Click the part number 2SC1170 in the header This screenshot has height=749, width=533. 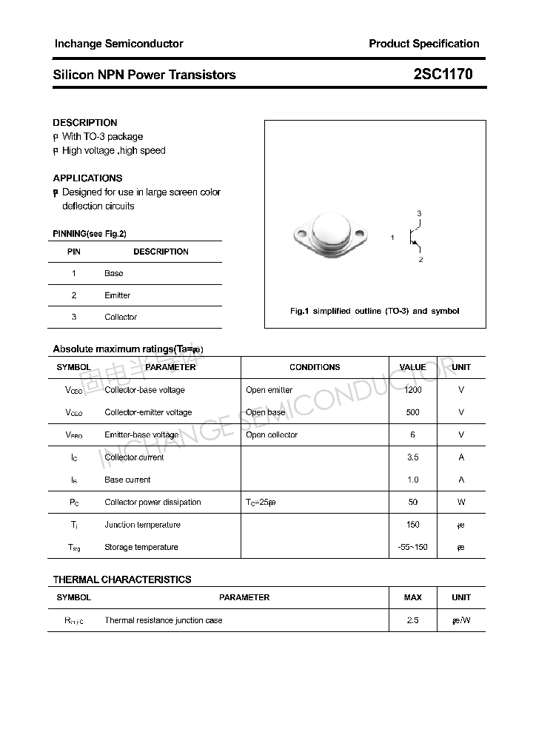443,75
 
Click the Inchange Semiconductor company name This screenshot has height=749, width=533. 118,44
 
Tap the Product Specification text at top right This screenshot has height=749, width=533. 423,44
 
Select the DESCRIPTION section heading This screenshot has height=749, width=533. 85,123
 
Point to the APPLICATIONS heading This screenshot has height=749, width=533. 87,178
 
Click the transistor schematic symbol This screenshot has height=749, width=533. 415,237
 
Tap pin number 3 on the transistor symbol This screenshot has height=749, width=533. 419,214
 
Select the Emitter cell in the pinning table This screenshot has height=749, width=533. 117,295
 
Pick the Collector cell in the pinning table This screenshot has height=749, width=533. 121,317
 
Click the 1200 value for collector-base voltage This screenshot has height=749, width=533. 412,390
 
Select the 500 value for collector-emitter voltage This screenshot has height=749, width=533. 412,412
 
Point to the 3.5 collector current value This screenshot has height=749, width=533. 412,457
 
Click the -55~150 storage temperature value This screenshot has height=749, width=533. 412,547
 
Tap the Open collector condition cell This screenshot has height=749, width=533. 272,434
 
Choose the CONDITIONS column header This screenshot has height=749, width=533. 315,367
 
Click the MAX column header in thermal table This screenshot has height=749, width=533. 412,597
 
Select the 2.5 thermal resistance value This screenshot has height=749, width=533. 412,620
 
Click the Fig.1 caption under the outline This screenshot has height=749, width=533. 375,311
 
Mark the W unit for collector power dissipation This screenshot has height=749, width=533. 461,502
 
